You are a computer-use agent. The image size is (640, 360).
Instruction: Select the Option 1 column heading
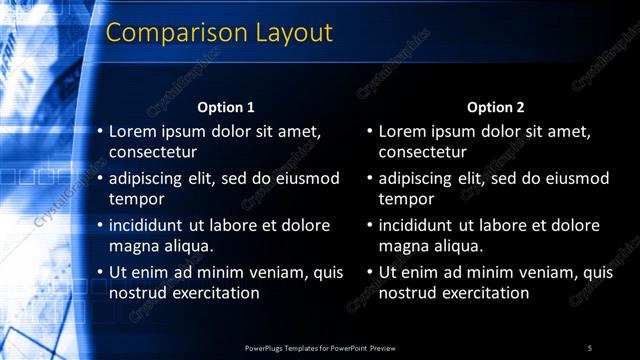(226, 107)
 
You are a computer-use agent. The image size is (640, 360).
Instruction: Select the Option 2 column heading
(496, 107)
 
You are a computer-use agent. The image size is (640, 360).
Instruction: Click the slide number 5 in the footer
(590, 348)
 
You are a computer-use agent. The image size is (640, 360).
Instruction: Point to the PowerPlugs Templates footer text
(320, 348)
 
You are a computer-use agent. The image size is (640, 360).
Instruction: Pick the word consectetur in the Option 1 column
(153, 152)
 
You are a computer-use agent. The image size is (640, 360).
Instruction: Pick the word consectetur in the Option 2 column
(423, 152)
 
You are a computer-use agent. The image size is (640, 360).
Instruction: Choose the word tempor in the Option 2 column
(404, 199)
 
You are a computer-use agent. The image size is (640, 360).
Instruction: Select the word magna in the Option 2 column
(403, 246)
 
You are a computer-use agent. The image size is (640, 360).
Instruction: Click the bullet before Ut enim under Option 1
(100, 272)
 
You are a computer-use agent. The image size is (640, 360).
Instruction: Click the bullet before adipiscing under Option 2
(370, 179)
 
